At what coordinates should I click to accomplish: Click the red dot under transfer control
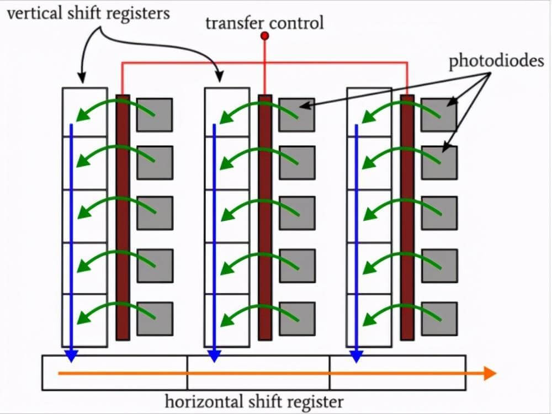click(265, 36)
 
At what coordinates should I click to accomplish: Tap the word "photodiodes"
click(496, 61)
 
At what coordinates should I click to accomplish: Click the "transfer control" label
click(264, 23)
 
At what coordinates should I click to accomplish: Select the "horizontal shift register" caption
click(254, 401)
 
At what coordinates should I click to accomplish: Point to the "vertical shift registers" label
click(88, 13)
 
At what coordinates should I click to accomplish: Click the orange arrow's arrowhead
click(489, 374)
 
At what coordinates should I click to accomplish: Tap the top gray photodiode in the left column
click(155, 115)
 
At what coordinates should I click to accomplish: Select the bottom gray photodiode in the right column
click(439, 319)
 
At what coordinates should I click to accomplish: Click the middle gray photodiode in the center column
click(297, 213)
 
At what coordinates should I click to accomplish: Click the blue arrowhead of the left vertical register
click(71, 356)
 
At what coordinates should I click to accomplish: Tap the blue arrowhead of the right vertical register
click(356, 356)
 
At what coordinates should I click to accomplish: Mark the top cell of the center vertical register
click(227, 112)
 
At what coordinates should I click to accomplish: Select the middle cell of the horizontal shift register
click(258, 373)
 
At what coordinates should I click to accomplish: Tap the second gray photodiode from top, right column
click(439, 162)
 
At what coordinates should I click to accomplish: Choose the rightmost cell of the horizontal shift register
click(397, 373)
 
